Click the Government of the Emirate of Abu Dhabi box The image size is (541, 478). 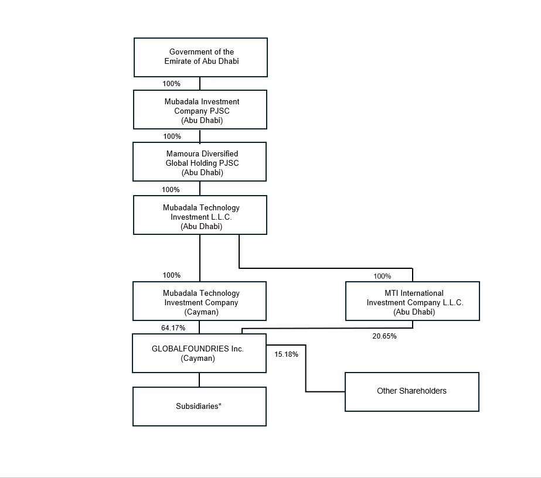point(200,57)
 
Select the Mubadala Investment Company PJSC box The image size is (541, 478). point(200,110)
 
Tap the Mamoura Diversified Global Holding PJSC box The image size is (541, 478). point(199,162)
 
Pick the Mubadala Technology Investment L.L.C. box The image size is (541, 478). point(200,215)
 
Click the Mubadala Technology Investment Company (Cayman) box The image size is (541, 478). point(199,301)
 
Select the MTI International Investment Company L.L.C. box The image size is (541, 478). point(413,301)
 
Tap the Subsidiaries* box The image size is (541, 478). point(199,406)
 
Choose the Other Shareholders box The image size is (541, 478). point(411,391)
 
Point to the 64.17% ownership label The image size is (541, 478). point(173,328)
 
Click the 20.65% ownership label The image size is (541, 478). point(385,336)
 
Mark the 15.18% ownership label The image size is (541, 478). point(287,354)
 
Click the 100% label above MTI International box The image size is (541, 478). point(382,276)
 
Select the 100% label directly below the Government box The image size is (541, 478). point(171,84)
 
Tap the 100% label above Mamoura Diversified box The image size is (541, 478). point(172,136)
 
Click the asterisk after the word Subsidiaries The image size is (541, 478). point(220,405)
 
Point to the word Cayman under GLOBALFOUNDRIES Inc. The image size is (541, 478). point(198,358)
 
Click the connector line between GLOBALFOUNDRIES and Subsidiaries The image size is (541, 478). point(199,380)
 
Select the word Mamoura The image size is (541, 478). point(183,153)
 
